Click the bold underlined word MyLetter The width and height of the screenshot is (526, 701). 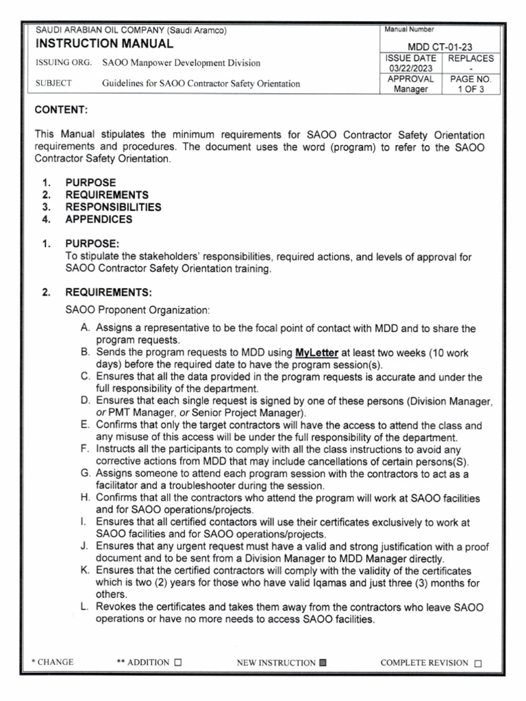click(316, 353)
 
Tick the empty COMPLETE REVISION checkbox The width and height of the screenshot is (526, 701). click(478, 663)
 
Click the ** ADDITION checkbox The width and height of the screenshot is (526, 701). click(178, 663)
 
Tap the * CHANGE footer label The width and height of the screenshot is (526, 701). click(53, 663)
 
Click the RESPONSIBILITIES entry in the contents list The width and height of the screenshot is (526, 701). click(113, 207)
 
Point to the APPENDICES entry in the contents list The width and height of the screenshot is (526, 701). click(99, 219)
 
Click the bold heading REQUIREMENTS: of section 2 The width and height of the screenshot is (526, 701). click(108, 293)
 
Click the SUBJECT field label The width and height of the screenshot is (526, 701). click(53, 84)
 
